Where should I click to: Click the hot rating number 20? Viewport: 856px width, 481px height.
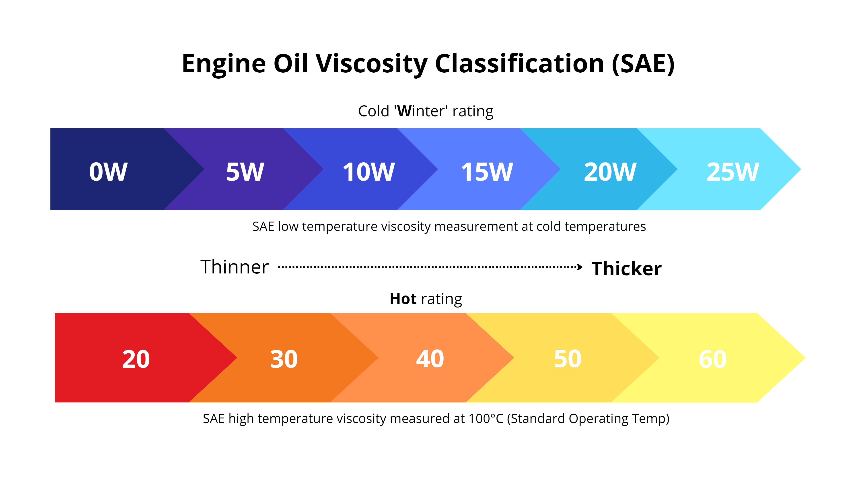(x=136, y=359)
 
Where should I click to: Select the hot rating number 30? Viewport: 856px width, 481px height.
(x=284, y=359)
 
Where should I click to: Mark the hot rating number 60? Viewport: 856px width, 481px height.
(x=713, y=359)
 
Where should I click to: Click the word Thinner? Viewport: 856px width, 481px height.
(x=234, y=267)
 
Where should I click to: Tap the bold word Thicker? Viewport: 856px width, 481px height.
(x=626, y=269)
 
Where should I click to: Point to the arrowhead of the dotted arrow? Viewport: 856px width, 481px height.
(x=580, y=267)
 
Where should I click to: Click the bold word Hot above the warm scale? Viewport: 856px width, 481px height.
(x=403, y=299)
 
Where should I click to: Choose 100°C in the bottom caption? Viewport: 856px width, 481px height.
(x=486, y=419)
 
